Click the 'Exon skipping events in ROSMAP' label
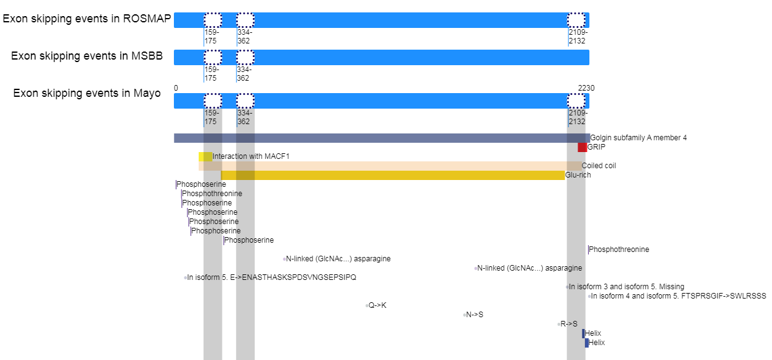87,19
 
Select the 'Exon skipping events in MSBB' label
87,56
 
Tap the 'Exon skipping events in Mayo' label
87,93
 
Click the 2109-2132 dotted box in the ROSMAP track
576,20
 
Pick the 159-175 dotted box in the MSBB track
212,57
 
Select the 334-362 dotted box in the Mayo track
245,101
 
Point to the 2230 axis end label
586,88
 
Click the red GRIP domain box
582,148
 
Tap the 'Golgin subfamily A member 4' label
638,138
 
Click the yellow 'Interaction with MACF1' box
206,157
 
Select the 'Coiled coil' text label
599,166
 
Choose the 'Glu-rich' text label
578,175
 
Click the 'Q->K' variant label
378,305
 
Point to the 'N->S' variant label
475,315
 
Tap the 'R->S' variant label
569,324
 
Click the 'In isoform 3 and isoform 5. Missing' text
627,287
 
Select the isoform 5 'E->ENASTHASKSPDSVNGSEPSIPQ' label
271,277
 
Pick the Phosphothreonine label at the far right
619,250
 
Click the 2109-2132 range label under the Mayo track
577,117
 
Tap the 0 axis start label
176,88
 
